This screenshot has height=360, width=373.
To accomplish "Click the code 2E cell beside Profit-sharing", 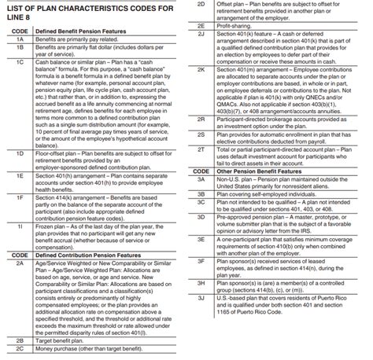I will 201,26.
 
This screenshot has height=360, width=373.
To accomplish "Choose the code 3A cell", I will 201,183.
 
